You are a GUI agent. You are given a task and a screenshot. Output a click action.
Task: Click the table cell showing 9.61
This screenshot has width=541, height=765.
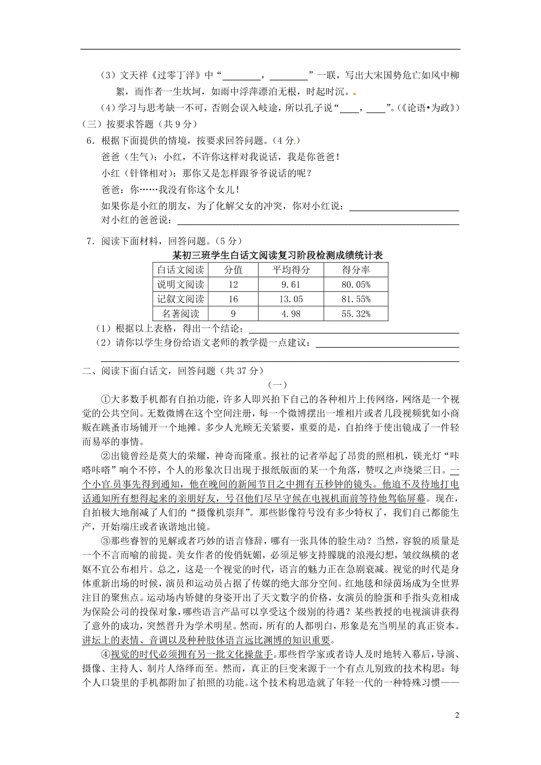290,284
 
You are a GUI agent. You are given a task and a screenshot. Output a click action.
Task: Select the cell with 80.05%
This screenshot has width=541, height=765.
356,284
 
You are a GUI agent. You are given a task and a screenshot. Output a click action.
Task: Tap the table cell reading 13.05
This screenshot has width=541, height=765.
290,299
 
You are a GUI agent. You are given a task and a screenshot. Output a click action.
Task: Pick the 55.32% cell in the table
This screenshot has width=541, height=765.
356,314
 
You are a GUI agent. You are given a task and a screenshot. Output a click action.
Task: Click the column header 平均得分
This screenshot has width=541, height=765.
290,270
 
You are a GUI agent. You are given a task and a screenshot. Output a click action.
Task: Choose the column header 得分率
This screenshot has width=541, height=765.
356,270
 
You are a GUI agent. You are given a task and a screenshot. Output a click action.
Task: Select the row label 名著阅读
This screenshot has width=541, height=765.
180,314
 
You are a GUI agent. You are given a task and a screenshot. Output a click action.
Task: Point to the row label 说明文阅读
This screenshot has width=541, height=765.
180,284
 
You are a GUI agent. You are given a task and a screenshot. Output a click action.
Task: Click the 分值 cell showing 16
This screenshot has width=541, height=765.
233,299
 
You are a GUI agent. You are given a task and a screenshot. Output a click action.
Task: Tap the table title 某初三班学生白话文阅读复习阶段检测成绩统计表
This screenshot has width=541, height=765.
277,255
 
